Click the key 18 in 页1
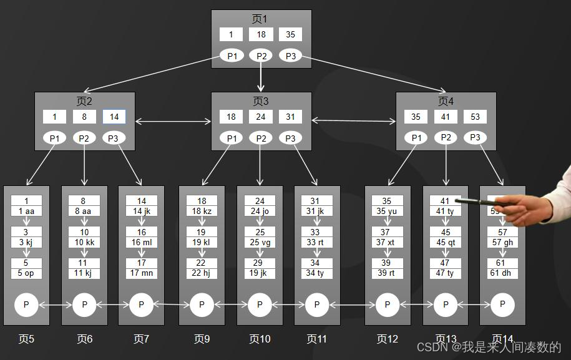[261, 35]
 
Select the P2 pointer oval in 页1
[261, 56]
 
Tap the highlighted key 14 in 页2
[114, 117]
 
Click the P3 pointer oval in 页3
[290, 138]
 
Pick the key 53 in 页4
[476, 117]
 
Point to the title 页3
[261, 101]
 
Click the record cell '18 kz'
[202, 212]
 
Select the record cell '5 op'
[26, 273]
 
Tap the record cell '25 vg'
[260, 242]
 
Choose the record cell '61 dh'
[502, 273]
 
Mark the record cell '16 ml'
[142, 242]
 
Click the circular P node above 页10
[260, 305]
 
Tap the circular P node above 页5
[26, 305]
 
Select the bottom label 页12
[387, 339]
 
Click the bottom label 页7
[142, 339]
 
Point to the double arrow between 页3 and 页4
[354, 120]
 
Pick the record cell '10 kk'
[84, 242]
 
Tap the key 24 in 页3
[261, 117]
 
